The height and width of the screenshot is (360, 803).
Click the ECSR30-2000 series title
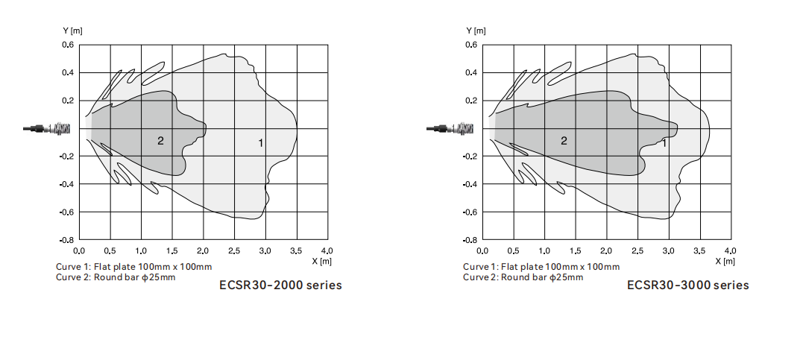pos(280,285)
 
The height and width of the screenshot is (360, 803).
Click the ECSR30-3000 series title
pos(687,285)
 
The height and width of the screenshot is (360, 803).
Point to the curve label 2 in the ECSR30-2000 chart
pos(160,140)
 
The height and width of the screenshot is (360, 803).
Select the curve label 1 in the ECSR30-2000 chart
pos(261,142)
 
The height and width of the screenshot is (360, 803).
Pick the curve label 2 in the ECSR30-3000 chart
pos(564,141)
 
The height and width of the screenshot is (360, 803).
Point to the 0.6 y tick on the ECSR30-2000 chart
pos(68,45)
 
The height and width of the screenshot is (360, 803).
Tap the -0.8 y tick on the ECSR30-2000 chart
pos(66,241)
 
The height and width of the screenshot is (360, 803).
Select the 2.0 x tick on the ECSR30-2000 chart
pos(204,250)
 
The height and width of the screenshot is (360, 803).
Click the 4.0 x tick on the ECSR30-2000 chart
pos(327,250)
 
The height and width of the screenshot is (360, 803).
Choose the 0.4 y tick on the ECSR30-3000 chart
pos(471,73)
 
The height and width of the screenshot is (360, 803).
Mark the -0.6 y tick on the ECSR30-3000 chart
pos(470,212)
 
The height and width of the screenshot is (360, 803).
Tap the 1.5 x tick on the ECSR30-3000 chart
pos(576,250)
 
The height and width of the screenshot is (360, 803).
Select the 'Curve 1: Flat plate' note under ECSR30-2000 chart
pos(133,267)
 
